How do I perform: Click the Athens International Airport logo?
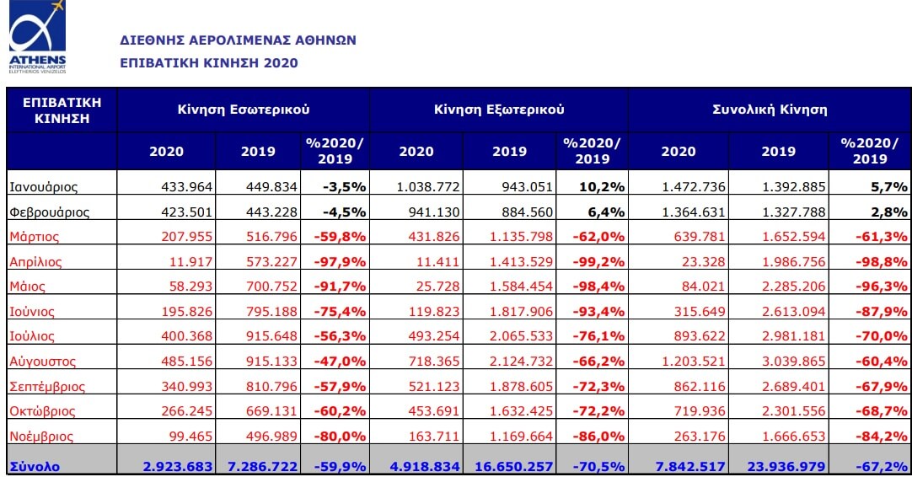pyautogui.click(x=38, y=38)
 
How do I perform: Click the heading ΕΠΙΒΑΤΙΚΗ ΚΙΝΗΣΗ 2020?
pyautogui.click(x=209, y=63)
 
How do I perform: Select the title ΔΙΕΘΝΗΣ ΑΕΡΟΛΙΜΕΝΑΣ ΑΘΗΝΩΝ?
pyautogui.click(x=239, y=40)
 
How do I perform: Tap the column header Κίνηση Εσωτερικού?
pyautogui.click(x=244, y=110)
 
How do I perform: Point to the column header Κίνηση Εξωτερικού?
pyautogui.click(x=499, y=110)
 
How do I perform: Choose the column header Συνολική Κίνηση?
pyautogui.click(x=770, y=110)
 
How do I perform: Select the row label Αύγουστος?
pyautogui.click(x=43, y=362)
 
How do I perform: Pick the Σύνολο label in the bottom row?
pyautogui.click(x=35, y=466)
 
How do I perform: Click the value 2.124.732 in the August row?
pyautogui.click(x=519, y=362)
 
